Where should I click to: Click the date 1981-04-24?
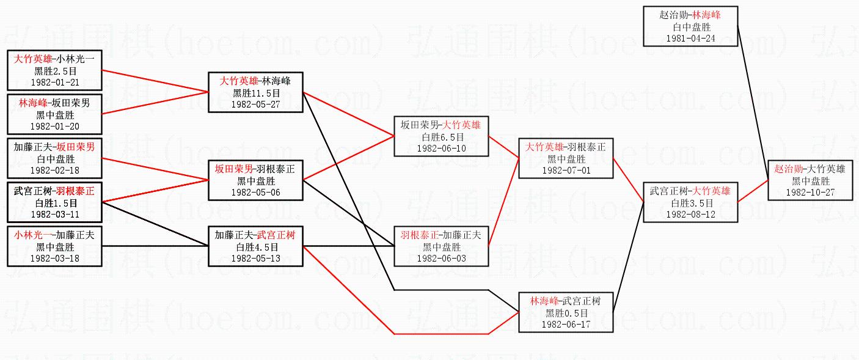point(690,38)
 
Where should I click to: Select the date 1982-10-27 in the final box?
point(811,192)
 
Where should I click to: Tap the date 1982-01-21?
point(54,82)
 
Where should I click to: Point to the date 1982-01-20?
point(54,126)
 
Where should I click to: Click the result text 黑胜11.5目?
point(256,93)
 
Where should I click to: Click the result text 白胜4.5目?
point(256,247)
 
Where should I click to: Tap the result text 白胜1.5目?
point(54,203)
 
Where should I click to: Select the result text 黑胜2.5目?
point(54,71)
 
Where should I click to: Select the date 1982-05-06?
point(256,192)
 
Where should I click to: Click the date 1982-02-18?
point(54,170)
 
